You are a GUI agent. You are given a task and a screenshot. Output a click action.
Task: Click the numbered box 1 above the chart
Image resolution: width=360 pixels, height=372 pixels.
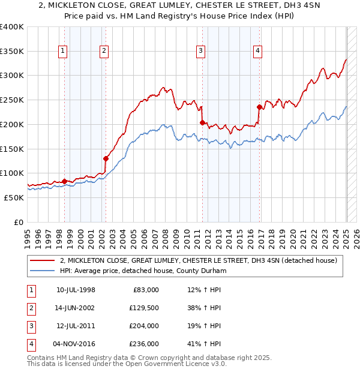click(x=63, y=52)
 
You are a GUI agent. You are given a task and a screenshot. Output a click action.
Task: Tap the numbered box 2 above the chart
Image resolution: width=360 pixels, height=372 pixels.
click(x=104, y=52)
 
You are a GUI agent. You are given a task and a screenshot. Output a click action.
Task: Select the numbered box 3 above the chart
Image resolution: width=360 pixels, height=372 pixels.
click(x=200, y=52)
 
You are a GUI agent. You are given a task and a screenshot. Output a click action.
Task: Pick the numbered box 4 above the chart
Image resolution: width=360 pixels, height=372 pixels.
click(x=257, y=52)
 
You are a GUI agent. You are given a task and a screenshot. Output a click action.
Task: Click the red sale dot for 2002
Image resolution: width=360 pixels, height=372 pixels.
click(x=106, y=159)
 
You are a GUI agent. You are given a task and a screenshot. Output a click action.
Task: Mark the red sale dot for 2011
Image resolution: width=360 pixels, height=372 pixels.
click(x=202, y=122)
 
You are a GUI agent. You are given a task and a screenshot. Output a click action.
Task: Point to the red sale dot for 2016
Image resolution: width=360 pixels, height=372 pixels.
click(x=259, y=107)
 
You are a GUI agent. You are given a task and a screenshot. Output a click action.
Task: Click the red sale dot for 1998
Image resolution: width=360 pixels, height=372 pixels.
click(x=65, y=181)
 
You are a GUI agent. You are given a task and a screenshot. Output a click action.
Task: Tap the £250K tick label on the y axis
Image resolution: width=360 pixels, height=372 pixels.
click(x=12, y=100)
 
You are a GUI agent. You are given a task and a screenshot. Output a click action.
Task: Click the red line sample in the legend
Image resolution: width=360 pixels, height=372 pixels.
click(x=42, y=261)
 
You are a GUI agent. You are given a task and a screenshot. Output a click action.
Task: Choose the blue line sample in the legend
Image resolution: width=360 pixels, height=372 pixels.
click(x=42, y=271)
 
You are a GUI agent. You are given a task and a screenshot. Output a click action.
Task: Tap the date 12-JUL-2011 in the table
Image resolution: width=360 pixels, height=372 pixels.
click(x=76, y=326)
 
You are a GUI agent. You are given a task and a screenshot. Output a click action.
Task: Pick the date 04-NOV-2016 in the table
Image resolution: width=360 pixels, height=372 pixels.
click(x=76, y=344)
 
